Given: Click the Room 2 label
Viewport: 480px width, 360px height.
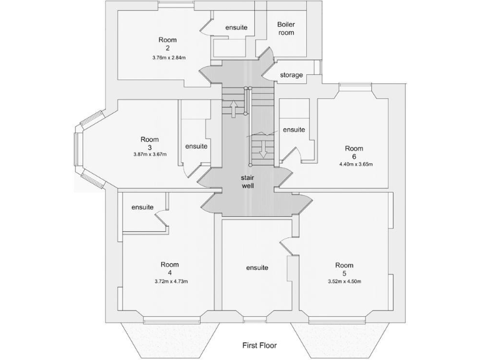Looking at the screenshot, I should [x=167, y=44].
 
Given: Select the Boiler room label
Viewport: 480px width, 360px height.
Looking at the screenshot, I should [x=286, y=29].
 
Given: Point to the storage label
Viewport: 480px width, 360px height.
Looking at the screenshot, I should [x=291, y=75].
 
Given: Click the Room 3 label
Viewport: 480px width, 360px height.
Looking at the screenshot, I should [x=149, y=143].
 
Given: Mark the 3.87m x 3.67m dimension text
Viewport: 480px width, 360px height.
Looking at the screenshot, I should [x=149, y=154].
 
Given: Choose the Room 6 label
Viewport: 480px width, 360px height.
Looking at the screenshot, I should [x=354, y=152].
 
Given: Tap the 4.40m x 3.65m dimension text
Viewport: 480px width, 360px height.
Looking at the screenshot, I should [x=354, y=165].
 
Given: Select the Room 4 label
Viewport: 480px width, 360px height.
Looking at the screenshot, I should [x=170, y=268].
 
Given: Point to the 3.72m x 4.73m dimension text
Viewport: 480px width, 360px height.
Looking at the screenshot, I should [x=171, y=281].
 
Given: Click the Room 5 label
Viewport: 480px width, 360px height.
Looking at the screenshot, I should [x=344, y=269].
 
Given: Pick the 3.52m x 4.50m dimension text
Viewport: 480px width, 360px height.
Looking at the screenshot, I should [x=344, y=281].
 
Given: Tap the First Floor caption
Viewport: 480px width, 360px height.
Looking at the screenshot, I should [x=259, y=345].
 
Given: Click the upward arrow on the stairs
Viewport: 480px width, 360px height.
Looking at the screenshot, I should [x=233, y=111].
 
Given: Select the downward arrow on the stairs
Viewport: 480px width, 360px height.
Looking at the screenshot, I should [x=263, y=149].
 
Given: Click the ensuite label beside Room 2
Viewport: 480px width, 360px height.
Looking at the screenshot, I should [x=236, y=27].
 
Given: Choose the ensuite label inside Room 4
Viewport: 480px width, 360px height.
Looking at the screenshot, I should [x=142, y=207].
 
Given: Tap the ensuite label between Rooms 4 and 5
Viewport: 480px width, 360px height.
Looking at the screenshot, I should [x=257, y=267].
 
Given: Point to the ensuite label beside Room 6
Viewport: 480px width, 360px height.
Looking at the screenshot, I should [x=294, y=130].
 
